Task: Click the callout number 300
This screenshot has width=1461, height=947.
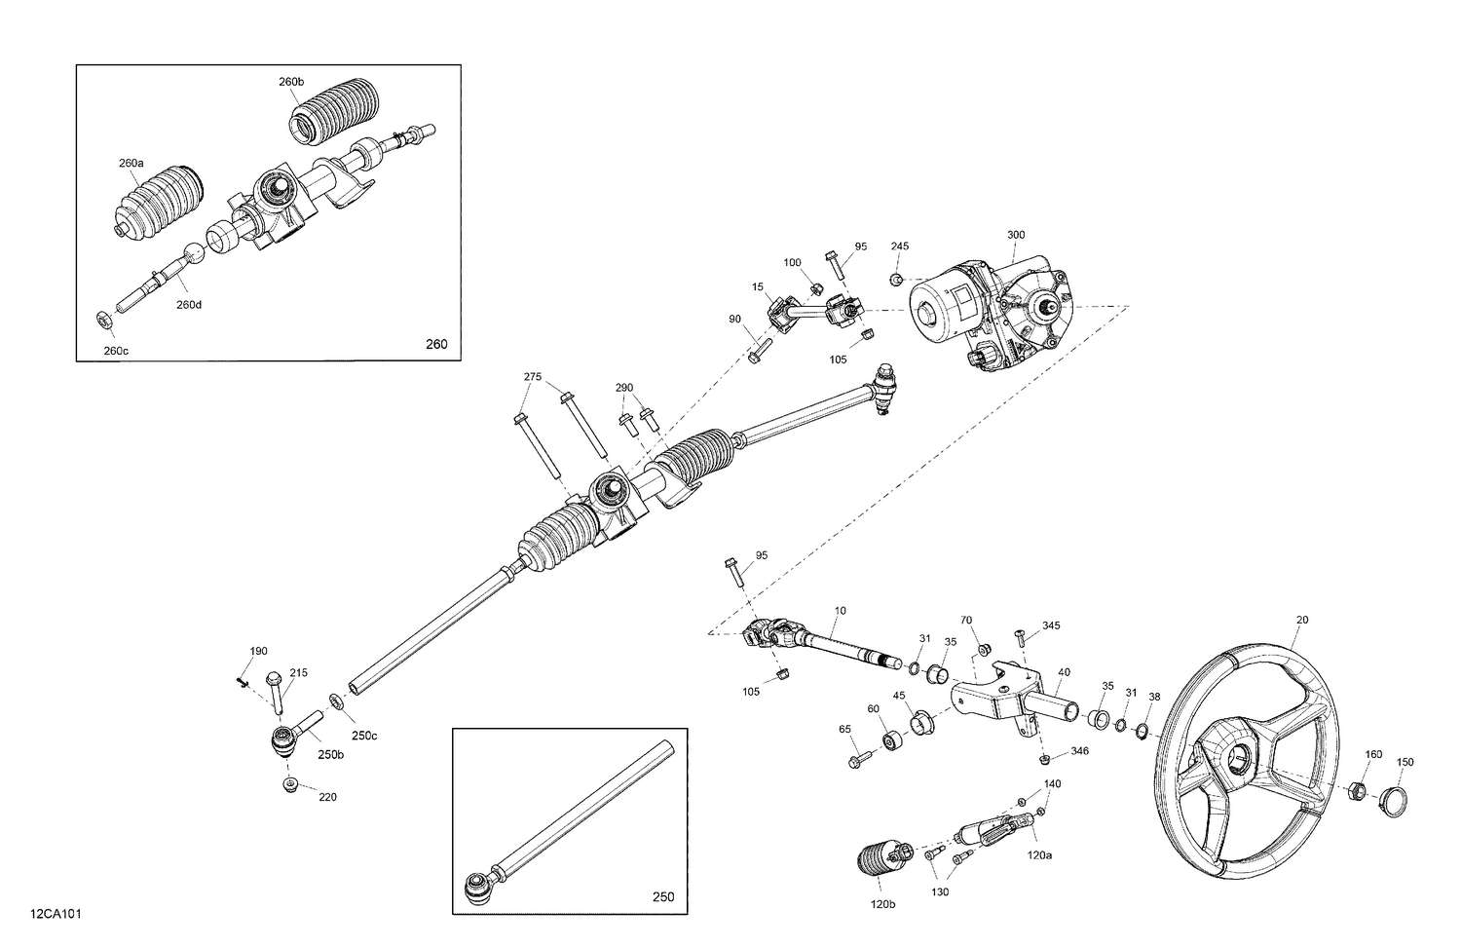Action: tap(1016, 235)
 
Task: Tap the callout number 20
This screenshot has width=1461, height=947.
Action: tap(1302, 620)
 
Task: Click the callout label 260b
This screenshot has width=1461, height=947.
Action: tap(291, 82)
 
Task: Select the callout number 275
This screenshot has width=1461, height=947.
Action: tap(533, 376)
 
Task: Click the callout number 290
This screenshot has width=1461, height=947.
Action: tap(624, 388)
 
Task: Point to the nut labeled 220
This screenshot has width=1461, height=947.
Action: tap(289, 785)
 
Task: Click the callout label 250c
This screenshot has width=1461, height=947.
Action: tap(364, 736)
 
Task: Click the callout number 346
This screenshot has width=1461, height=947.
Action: tap(1078, 751)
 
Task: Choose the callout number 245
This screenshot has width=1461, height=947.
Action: tap(899, 246)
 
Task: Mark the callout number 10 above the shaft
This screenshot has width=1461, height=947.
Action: tap(840, 611)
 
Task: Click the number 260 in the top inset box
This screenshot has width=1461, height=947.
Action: tap(436, 344)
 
